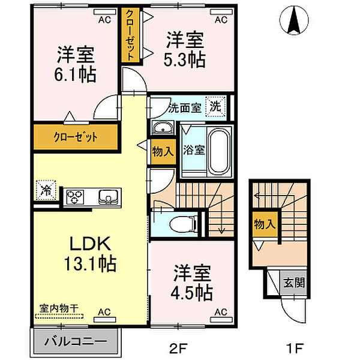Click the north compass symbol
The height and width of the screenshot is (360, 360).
click(x=294, y=20)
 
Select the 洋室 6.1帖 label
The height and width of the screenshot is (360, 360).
click(x=76, y=65)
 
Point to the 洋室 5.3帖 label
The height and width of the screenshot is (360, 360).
click(x=185, y=50)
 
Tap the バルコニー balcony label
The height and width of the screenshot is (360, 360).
click(x=76, y=341)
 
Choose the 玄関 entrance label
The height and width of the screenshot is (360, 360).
click(x=294, y=283)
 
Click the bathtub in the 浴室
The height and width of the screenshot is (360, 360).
click(x=219, y=151)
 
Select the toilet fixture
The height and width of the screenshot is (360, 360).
click(x=182, y=224)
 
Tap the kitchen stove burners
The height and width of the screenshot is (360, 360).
click(x=75, y=197)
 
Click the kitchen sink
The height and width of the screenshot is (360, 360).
click(x=108, y=197)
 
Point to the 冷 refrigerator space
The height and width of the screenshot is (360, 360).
click(x=46, y=190)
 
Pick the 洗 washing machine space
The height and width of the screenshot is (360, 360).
click(x=216, y=106)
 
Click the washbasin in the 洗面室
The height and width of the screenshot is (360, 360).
click(x=163, y=128)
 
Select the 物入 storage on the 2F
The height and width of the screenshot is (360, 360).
click(x=163, y=152)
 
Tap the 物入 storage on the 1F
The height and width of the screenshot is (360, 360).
click(x=265, y=224)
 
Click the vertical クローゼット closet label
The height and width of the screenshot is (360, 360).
click(x=130, y=35)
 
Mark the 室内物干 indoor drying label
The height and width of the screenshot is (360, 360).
click(x=59, y=308)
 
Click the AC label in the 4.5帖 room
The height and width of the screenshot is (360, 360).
click(x=221, y=312)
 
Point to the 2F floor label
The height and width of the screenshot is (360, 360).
click(x=179, y=348)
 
